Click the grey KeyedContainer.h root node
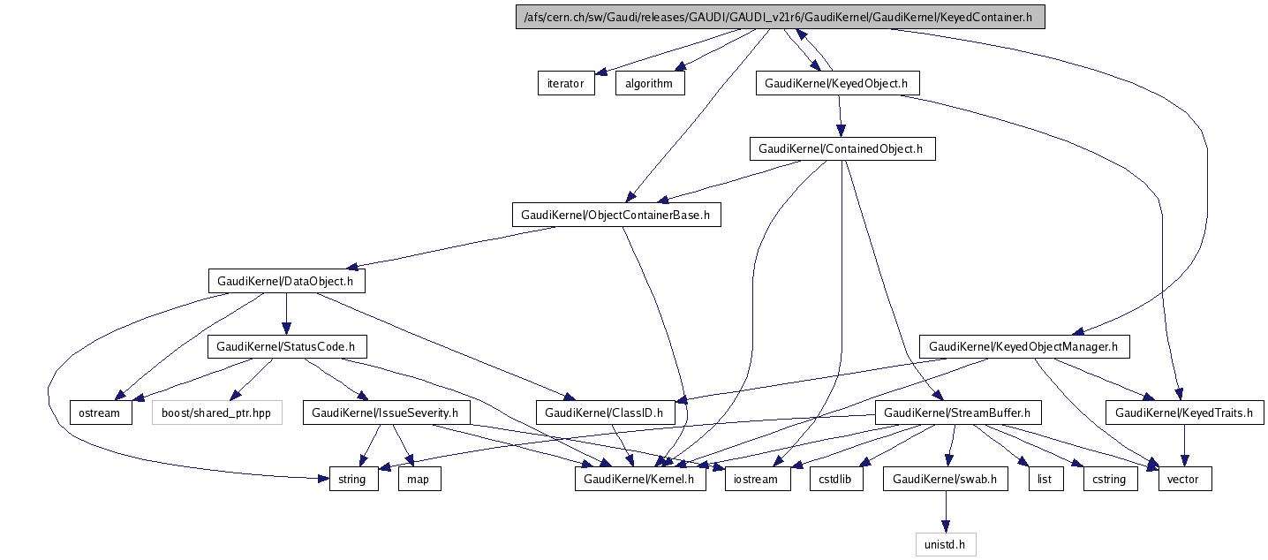pyautogui.click(x=780, y=18)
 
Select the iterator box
pyautogui.click(x=566, y=83)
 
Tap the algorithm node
pyautogui.click(x=649, y=83)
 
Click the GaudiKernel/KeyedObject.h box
pyautogui.click(x=837, y=83)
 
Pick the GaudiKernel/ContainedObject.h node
pyautogui.click(x=842, y=148)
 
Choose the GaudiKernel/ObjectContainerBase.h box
pyautogui.click(x=615, y=215)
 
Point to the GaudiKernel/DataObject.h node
pyautogui.click(x=286, y=281)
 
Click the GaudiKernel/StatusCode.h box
pyautogui.click(x=286, y=346)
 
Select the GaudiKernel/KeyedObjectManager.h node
pyautogui.click(x=1023, y=346)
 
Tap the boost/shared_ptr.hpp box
pyautogui.click(x=216, y=412)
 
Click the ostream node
pyautogui.click(x=102, y=412)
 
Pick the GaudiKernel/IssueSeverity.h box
pyautogui.click(x=387, y=412)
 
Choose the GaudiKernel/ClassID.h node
pyautogui.click(x=604, y=412)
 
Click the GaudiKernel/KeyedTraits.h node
pyautogui.click(x=1184, y=412)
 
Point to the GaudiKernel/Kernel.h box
pyautogui.click(x=640, y=479)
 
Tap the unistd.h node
pyautogui.click(x=945, y=544)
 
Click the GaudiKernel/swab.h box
pyautogui.click(x=945, y=479)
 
